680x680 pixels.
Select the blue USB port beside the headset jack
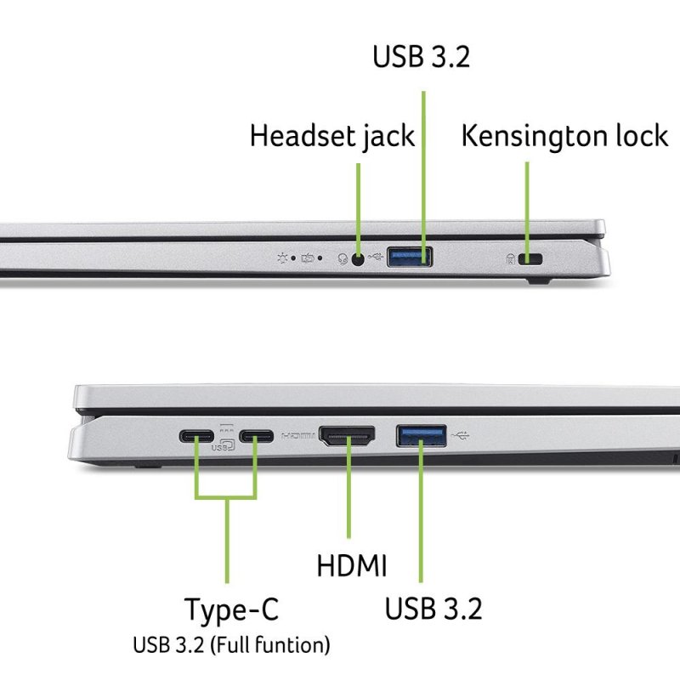click(x=410, y=256)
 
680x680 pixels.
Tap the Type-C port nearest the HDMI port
click(x=256, y=438)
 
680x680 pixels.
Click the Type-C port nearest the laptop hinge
click(x=196, y=438)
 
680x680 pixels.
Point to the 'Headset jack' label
click(x=331, y=136)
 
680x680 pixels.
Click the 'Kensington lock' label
click(x=564, y=136)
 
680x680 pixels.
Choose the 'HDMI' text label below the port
click(x=351, y=565)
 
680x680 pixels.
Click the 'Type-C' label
click(x=231, y=609)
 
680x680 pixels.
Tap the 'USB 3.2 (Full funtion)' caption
click(x=231, y=645)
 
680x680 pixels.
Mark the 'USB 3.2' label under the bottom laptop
click(x=433, y=609)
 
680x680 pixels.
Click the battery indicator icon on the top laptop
click(x=309, y=257)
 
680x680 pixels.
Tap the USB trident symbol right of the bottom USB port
click(x=461, y=437)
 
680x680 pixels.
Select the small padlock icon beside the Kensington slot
click(x=512, y=258)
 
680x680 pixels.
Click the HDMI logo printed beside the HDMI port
click(x=297, y=435)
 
